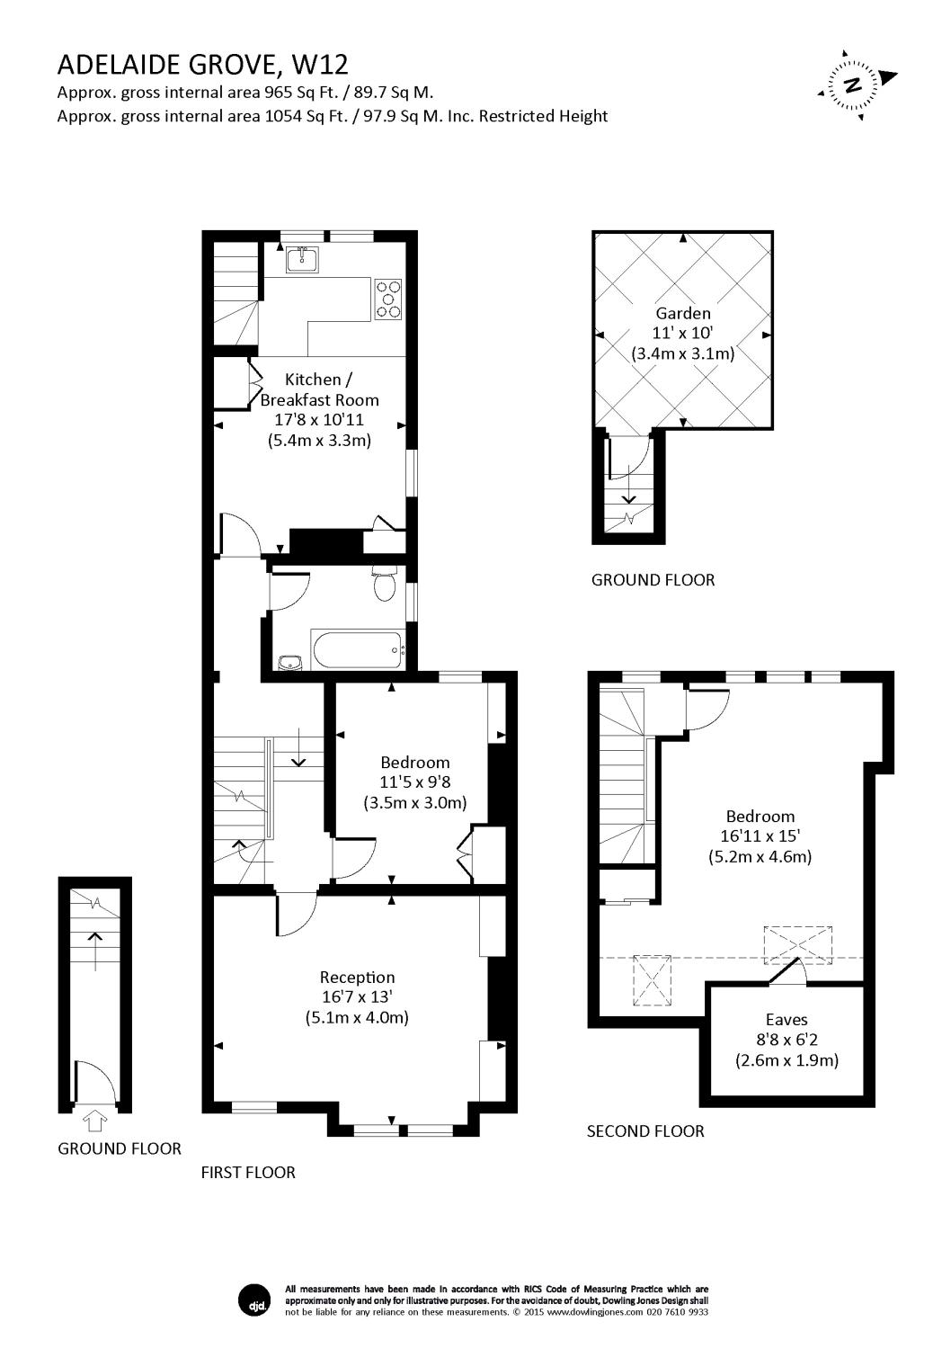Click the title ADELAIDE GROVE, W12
(202, 65)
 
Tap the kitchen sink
(301, 259)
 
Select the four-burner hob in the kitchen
(389, 299)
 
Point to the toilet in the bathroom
(385, 585)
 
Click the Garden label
(683, 313)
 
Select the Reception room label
(357, 977)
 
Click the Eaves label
(787, 1019)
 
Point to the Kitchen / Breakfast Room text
(319, 389)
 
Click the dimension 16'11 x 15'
(760, 836)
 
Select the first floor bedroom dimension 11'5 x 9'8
(414, 782)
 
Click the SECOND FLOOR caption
(645, 1130)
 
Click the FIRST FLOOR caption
(248, 1172)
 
